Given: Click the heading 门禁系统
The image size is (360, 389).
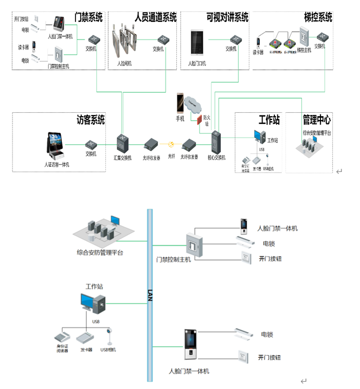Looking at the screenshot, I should pyautogui.click(x=89, y=17).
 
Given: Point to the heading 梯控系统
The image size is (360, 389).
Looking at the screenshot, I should pyautogui.click(x=318, y=17).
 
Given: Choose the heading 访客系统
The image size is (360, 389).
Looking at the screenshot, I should pyautogui.click(x=91, y=120).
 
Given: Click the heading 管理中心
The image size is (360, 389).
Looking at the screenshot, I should pyautogui.click(x=317, y=120).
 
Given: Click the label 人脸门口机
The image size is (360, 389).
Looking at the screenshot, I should pyautogui.click(x=197, y=64).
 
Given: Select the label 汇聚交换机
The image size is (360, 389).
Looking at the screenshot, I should pyautogui.click(x=123, y=158).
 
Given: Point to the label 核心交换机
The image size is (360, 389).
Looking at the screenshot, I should pyautogui.click(x=216, y=158).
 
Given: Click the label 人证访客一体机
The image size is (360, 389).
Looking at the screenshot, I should pyautogui.click(x=57, y=165).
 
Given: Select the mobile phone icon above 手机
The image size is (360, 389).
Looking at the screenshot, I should pyautogui.click(x=180, y=104).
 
